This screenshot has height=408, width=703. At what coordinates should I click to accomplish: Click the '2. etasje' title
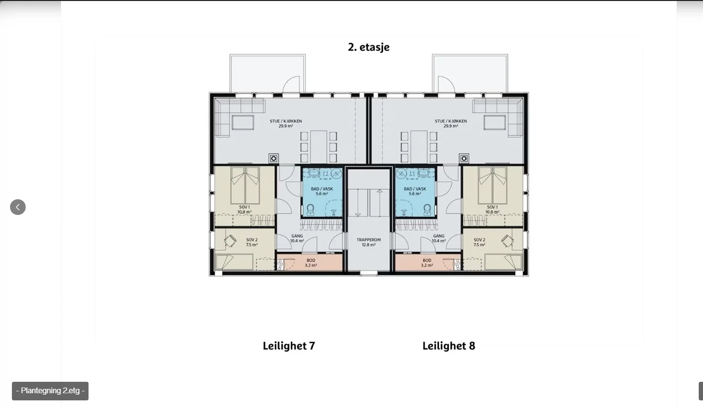click(x=368, y=47)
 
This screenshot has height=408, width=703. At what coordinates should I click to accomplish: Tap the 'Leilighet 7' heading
click(x=289, y=346)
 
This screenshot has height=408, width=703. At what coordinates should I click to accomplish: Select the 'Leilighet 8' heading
click(x=449, y=346)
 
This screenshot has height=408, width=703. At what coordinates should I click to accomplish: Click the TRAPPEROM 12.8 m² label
click(x=368, y=242)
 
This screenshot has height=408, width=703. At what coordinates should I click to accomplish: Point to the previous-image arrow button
click(x=18, y=207)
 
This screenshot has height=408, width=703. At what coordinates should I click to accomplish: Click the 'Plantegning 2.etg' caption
click(x=50, y=391)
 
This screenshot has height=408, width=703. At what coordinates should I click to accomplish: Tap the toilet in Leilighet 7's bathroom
click(x=310, y=210)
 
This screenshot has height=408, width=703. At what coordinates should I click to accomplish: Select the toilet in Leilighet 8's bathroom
click(x=427, y=210)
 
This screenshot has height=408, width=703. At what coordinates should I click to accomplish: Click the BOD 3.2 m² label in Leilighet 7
click(x=311, y=263)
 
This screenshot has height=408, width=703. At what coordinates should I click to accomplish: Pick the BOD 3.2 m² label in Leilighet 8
click(x=427, y=263)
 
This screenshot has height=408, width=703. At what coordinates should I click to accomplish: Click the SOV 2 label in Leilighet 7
click(x=252, y=242)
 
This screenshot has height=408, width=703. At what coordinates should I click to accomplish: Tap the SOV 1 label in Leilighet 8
click(x=492, y=209)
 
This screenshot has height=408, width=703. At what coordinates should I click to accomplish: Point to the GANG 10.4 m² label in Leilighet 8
click(x=438, y=238)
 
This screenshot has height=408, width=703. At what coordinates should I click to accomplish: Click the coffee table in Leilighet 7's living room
click(x=243, y=122)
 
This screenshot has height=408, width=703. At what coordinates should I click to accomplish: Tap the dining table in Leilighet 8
click(x=419, y=146)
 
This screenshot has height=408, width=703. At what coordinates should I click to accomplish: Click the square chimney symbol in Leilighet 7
click(x=274, y=158)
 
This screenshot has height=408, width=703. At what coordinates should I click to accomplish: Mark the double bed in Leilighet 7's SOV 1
click(x=245, y=185)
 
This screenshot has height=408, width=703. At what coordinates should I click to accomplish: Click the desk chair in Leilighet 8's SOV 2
click(x=507, y=241)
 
